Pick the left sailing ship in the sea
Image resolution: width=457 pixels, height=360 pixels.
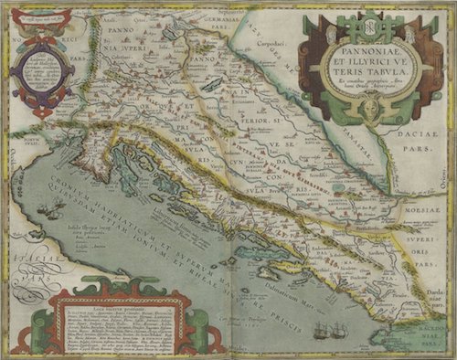pyautogui.click(x=314, y=330)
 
